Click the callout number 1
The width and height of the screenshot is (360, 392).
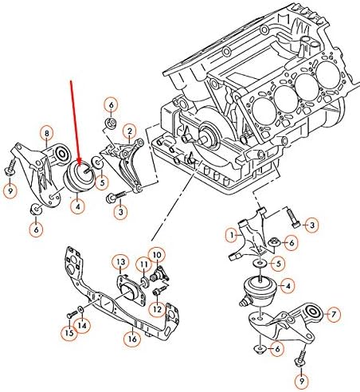233,235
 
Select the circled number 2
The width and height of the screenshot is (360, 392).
130,131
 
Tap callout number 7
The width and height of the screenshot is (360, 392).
334,315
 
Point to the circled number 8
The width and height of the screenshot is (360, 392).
47,133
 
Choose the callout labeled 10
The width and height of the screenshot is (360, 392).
157,255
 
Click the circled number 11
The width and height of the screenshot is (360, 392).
143,265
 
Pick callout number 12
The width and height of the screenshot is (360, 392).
157,309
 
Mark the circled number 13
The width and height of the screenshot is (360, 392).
121,262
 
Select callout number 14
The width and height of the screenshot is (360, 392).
82,325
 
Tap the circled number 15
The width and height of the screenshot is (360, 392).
69,333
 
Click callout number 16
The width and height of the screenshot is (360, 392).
132,339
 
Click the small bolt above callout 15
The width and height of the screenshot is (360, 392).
70,314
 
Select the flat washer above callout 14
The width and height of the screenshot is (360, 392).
80,309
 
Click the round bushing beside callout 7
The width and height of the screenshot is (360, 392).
313,312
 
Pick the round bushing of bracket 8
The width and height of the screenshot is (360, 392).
61,154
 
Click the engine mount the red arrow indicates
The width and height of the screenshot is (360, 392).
79,176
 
